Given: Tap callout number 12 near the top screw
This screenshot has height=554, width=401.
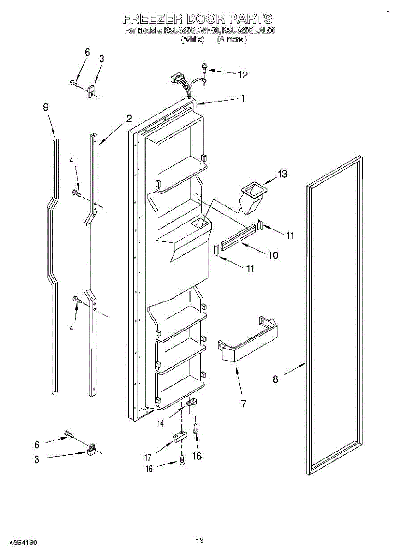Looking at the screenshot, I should pos(242,74).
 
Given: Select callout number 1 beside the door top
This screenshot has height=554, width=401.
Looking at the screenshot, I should pos(242,98).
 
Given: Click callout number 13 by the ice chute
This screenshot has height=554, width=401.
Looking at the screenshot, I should pos(282,174).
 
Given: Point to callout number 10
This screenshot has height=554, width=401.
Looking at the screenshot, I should pos(273,254).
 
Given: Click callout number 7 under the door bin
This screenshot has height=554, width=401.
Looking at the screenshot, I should pos(243,404).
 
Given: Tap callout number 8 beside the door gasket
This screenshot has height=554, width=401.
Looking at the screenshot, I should pos(275,379).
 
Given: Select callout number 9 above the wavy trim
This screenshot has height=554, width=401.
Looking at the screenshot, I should pos(46,107).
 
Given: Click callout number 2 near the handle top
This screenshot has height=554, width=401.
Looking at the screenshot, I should pos(129,118).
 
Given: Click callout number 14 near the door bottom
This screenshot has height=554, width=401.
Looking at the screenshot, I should pos(161,423).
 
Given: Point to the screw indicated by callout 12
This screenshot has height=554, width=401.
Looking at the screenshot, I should pos(204,69).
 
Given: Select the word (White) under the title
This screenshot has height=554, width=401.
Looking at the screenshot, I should pos(192,40).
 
